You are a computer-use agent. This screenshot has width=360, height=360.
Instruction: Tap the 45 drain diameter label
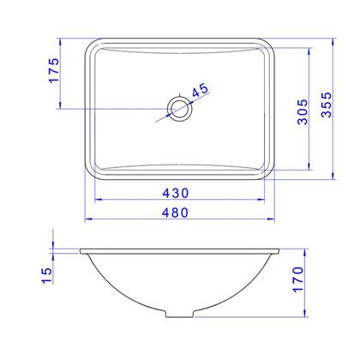(x=201, y=90)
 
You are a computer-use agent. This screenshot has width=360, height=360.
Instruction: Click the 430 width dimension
(x=176, y=193)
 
